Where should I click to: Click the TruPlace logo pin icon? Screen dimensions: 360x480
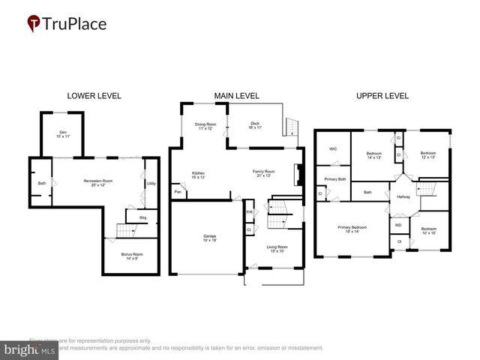pos(34,24)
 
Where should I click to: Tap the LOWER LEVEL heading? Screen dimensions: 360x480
pos(94,96)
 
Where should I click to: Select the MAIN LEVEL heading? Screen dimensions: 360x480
pos(236,96)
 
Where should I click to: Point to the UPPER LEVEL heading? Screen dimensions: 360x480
pos(382,96)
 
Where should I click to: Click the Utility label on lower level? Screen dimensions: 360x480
pos(151,183)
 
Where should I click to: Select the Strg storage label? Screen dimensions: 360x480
pos(142,218)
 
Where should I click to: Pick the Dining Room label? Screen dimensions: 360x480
pos(205,126)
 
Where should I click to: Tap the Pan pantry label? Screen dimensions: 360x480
pos(178,193)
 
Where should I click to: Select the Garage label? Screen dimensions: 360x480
pos(209,238)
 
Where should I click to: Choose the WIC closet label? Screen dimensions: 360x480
pos(333,148)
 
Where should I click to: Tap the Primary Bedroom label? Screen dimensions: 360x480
pos(352,229)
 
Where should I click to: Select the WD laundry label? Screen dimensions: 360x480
pos(398,223)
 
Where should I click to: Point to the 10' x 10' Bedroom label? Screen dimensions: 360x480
pos(428,230)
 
